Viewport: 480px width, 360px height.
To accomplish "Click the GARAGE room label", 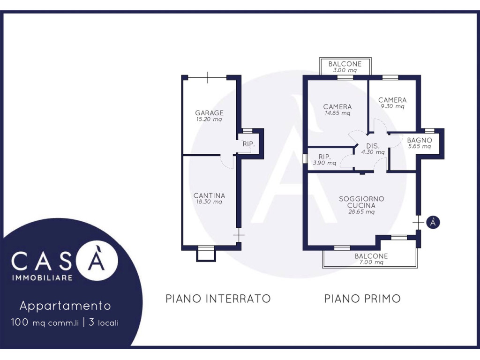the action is tap(210, 113).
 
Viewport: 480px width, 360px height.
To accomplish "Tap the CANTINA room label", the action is tap(210, 195).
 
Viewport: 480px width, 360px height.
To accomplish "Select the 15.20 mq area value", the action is tap(209, 120).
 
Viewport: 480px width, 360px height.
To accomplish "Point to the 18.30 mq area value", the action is tap(209, 202).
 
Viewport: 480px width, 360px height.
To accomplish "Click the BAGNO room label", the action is tap(420, 140).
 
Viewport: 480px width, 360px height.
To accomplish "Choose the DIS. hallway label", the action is tap(373, 146).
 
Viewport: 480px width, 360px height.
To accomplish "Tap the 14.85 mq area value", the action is tap(337, 113).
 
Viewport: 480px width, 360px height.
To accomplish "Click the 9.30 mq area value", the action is tap(392, 106).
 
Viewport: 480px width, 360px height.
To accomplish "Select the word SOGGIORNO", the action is tap(361, 199).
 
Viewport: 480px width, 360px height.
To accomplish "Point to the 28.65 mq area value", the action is tap(361, 211).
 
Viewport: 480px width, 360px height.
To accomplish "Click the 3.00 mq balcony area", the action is tap(345, 70).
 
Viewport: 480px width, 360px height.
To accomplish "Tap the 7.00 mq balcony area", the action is tap(371, 262).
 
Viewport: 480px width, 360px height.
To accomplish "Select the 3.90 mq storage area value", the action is tap(324, 163).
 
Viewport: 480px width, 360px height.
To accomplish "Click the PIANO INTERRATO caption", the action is tap(218, 299).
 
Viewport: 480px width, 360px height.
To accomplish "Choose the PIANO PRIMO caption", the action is tap(362, 299).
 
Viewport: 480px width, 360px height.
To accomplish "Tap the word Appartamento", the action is tap(65, 306).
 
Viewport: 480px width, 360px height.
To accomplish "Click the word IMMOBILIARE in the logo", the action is tap(42, 278).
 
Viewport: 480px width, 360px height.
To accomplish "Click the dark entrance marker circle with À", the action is tap(433, 222).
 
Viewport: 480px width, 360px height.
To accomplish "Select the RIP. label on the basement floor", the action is tap(248, 144).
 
